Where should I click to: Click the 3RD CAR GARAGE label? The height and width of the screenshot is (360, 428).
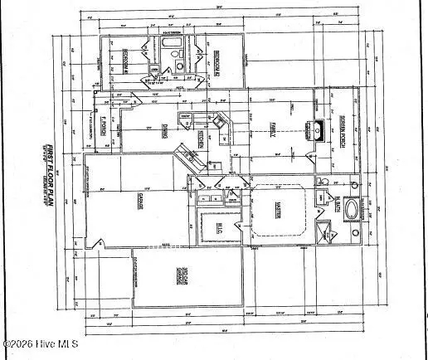pyautogui.click(x=179, y=278)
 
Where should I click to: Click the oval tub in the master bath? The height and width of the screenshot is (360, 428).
pyautogui.click(x=354, y=209)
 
